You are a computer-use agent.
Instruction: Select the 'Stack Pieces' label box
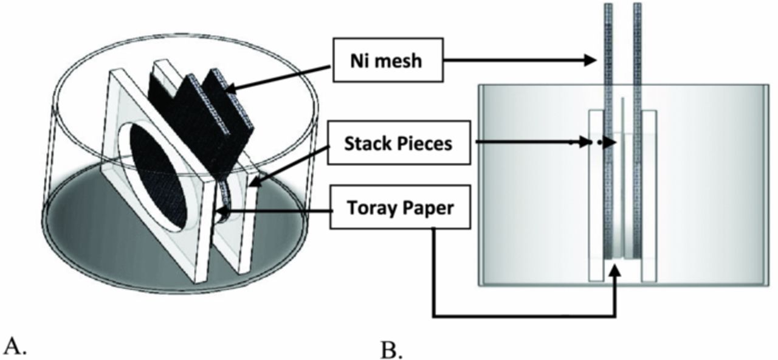[x=399, y=144]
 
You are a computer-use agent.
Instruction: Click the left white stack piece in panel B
[x=595, y=195]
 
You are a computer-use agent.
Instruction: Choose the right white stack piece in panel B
[x=649, y=195]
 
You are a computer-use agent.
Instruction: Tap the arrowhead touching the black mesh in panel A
[x=230, y=90]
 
